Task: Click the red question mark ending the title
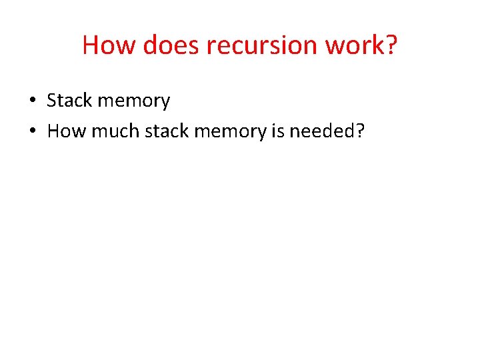(x=391, y=45)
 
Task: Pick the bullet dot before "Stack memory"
(x=32, y=101)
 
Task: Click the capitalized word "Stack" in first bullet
(x=69, y=101)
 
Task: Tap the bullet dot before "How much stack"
(x=32, y=132)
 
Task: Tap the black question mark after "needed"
(x=361, y=131)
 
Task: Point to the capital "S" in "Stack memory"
(x=52, y=101)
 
